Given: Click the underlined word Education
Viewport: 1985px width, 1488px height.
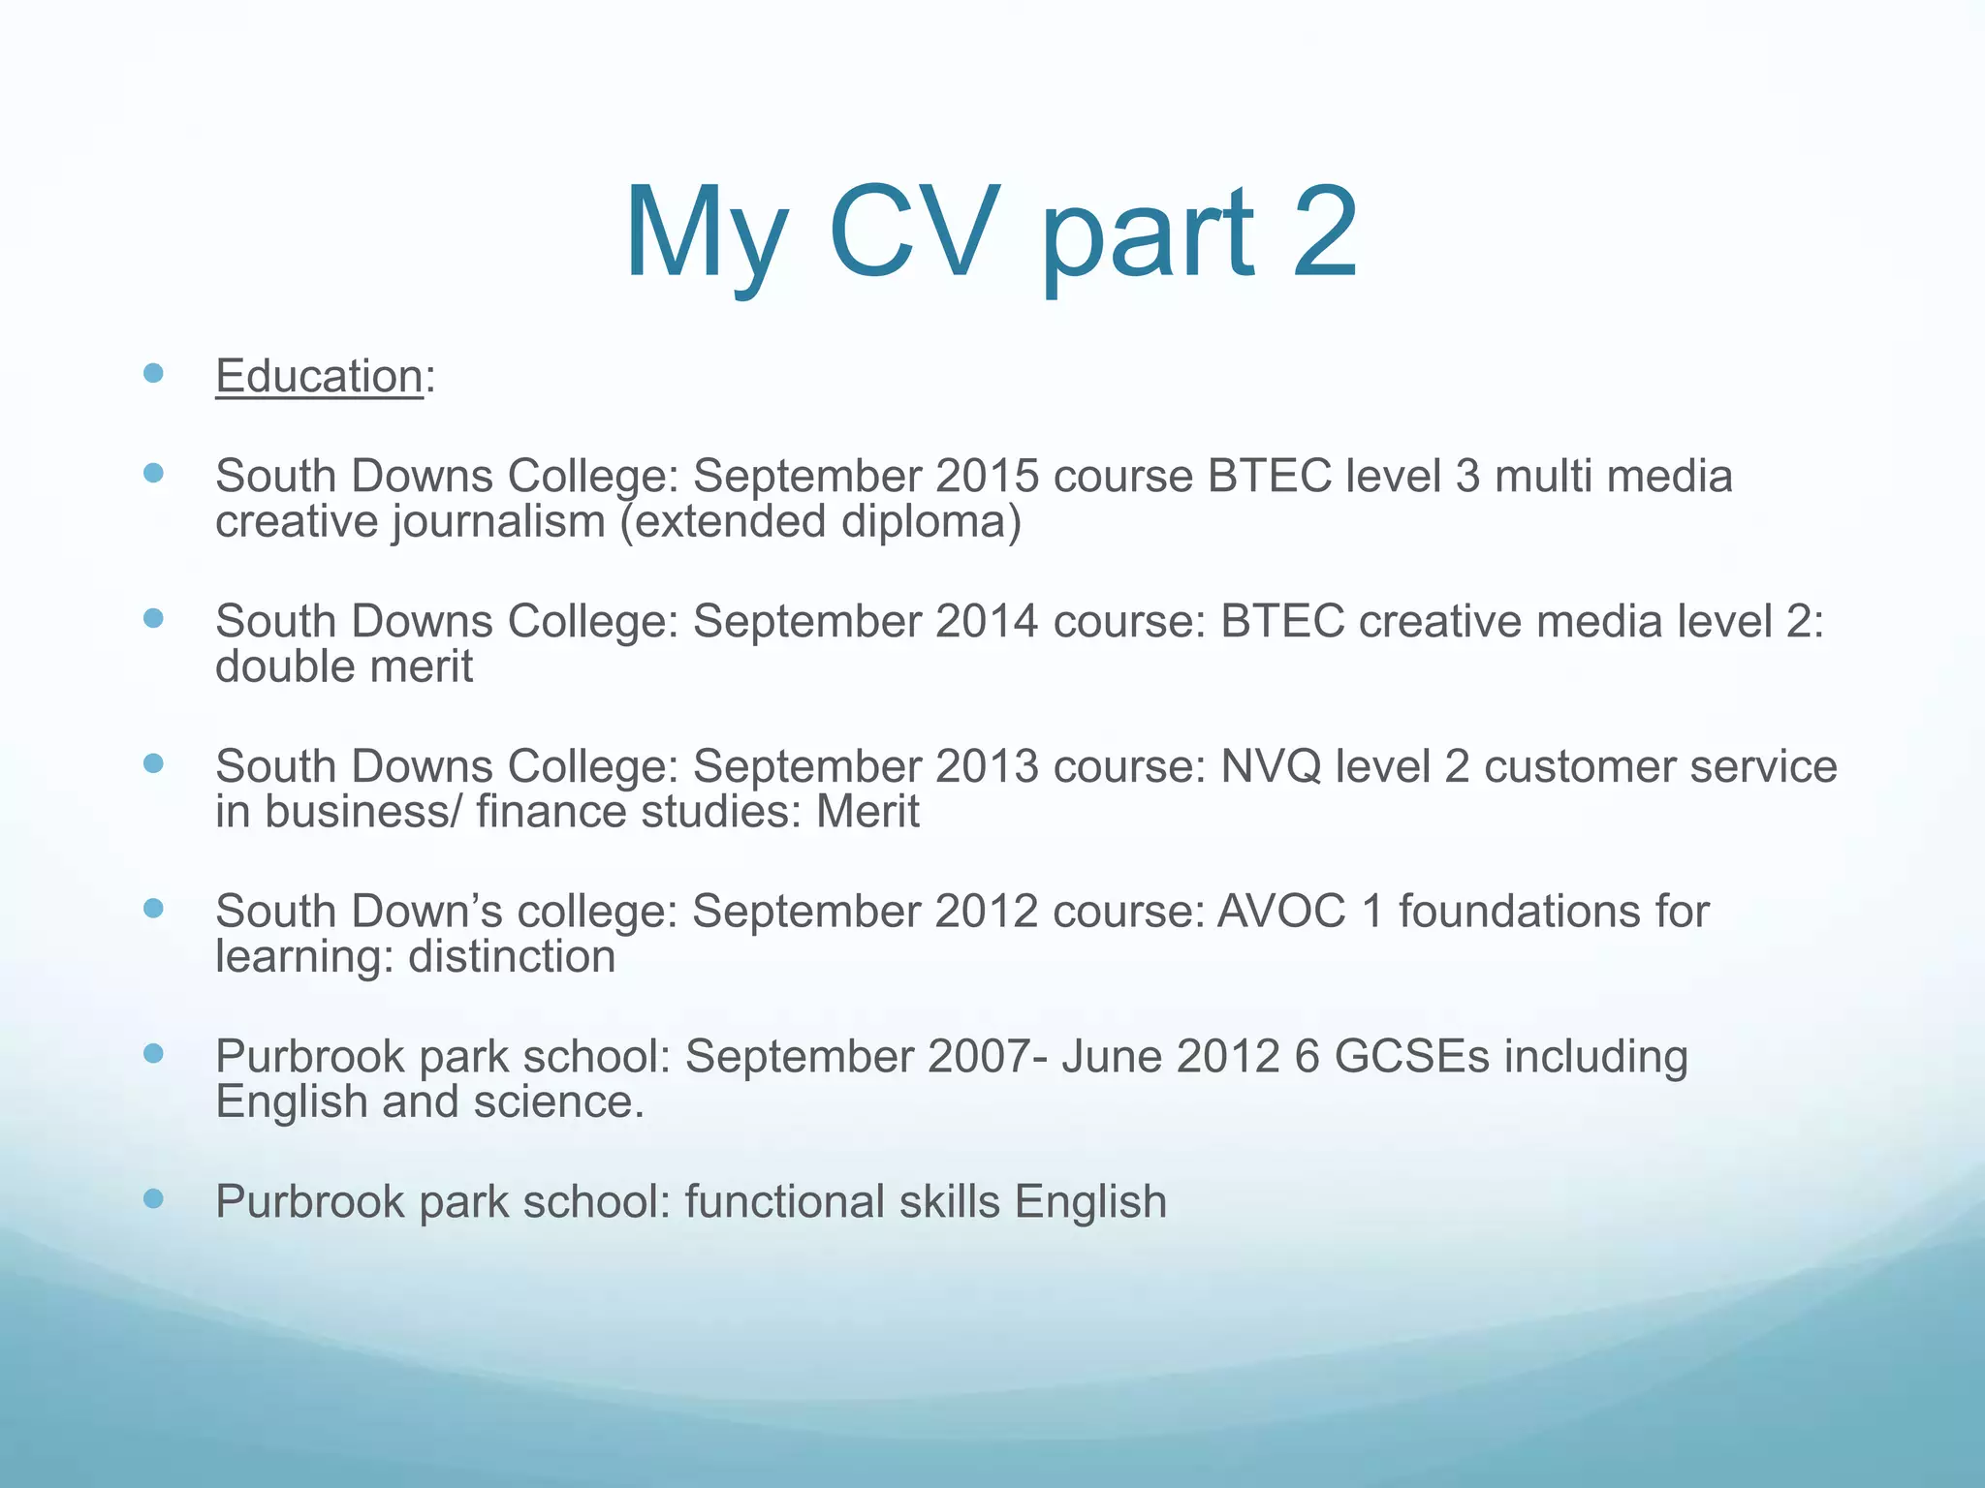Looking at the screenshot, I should (x=319, y=376).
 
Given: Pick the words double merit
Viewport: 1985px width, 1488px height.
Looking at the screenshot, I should (x=344, y=667).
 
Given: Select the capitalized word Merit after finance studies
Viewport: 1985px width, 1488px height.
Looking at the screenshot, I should (x=867, y=812).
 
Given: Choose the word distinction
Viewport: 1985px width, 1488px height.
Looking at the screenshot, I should (x=512, y=957).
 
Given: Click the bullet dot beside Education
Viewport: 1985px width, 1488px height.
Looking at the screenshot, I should (x=153, y=373).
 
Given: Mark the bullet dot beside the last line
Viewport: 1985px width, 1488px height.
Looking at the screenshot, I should (x=153, y=1199).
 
